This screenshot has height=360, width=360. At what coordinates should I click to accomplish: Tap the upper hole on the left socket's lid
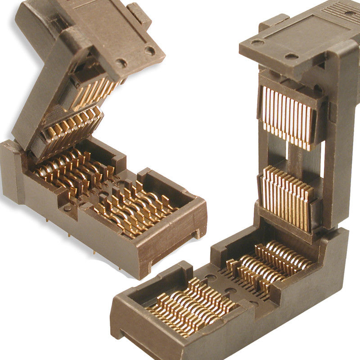click(x=149, y=50)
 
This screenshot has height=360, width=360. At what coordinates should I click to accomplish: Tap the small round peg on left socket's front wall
click(x=67, y=208)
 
